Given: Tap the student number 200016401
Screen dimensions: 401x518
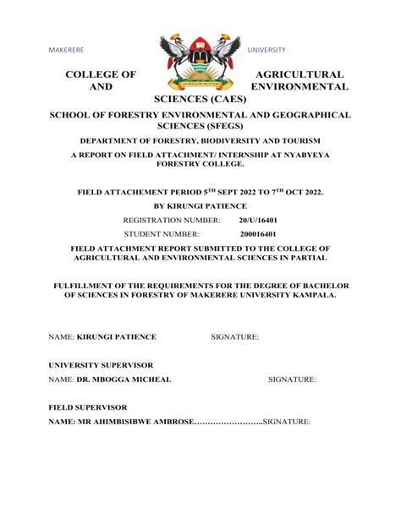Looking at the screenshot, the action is click(259, 233).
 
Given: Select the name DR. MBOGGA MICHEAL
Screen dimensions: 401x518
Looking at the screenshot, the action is click(124, 379).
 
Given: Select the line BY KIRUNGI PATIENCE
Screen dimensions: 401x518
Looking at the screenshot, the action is click(200, 205).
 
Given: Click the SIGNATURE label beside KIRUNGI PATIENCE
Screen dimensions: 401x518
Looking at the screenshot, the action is click(234, 337).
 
